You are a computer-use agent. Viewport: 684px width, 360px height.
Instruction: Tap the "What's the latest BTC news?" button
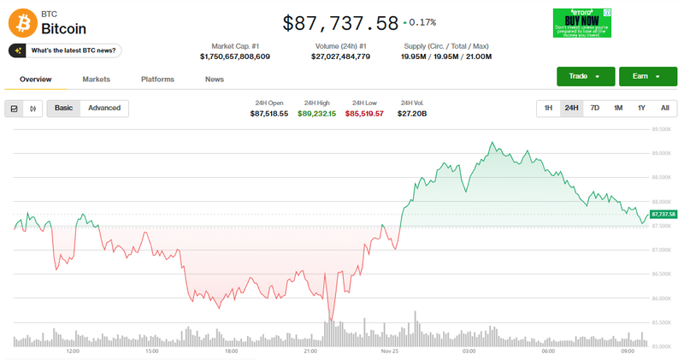pos(65,50)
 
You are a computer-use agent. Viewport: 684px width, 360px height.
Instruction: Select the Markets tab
pos(96,80)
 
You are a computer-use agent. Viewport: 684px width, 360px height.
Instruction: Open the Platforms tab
pos(157,80)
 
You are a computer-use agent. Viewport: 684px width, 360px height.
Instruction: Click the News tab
pos(215,80)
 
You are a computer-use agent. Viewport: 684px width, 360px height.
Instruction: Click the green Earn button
pos(641,77)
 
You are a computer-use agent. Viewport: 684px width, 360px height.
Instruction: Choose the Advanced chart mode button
pos(104,108)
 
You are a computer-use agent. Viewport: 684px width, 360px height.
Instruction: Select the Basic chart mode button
pos(63,108)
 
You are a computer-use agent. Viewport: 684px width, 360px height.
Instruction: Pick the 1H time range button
pos(548,108)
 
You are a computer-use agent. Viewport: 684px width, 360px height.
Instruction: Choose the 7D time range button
pos(595,108)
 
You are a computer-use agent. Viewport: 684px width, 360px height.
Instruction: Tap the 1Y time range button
pos(641,108)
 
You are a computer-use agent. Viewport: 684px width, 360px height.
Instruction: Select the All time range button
pos(664,108)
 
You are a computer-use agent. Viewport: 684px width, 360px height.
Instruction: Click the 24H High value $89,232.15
pos(316,113)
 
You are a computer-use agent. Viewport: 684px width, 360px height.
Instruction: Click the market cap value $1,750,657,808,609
pos(234,56)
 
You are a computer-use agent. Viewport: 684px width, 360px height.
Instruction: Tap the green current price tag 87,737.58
pos(663,214)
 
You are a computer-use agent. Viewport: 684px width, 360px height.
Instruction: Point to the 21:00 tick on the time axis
pos(310,351)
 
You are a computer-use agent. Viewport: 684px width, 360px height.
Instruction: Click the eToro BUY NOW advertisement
pos(581,23)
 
